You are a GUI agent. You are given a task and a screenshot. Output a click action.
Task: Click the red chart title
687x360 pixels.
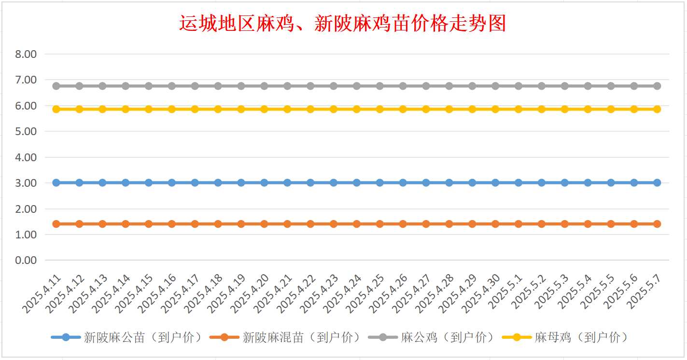point(343,23)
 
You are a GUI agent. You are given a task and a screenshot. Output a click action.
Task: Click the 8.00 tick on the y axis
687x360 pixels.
point(26,54)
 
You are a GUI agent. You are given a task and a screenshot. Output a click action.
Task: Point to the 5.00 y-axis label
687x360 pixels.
point(26,131)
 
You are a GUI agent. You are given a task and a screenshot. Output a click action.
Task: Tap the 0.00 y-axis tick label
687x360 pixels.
point(26,261)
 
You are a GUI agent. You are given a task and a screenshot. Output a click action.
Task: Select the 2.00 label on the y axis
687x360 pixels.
point(26,209)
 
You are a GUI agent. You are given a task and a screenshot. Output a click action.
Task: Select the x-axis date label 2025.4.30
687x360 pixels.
point(481,294)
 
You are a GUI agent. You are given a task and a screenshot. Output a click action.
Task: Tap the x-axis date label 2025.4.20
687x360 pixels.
point(250,294)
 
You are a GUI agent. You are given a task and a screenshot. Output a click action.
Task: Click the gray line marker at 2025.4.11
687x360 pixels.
point(56,86)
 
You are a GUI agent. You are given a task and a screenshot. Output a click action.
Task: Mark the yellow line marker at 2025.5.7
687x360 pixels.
point(657,109)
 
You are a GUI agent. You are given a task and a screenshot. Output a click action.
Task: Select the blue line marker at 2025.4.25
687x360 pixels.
point(380,183)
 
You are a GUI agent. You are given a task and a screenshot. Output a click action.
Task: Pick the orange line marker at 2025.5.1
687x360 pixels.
point(519,224)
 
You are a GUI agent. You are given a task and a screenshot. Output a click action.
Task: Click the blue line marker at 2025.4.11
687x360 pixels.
point(56,183)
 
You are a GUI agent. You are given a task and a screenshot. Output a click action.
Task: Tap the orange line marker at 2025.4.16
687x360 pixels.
point(172,224)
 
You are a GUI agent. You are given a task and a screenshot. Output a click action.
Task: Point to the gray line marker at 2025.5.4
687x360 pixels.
point(588,86)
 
